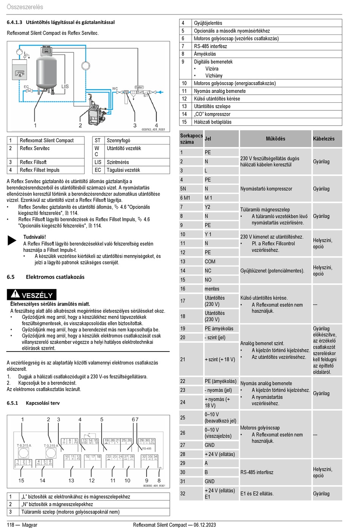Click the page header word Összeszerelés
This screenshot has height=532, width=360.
[25, 7]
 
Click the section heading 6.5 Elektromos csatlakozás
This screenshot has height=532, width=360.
[45, 277]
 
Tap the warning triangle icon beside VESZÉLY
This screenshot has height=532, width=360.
[15, 294]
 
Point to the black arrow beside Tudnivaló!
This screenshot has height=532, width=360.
[12, 240]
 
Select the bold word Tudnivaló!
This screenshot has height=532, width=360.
[34, 237]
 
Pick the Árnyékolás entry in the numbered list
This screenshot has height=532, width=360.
[205, 54]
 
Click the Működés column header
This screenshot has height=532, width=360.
[275, 139]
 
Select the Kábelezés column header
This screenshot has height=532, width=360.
[324, 139]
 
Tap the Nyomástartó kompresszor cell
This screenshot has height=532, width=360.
[266, 189]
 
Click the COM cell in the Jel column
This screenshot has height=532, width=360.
[210, 262]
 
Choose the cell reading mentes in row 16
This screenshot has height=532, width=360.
[212, 289]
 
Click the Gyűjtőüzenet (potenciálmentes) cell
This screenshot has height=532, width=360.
[272, 271]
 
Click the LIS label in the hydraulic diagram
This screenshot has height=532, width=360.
[65, 86]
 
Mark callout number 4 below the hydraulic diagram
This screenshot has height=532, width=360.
[157, 126]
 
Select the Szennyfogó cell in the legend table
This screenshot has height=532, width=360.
[118, 141]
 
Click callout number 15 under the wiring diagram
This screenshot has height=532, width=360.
[21, 480]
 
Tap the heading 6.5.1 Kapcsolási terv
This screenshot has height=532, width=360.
[33, 403]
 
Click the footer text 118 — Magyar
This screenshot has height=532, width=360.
[22, 525]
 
